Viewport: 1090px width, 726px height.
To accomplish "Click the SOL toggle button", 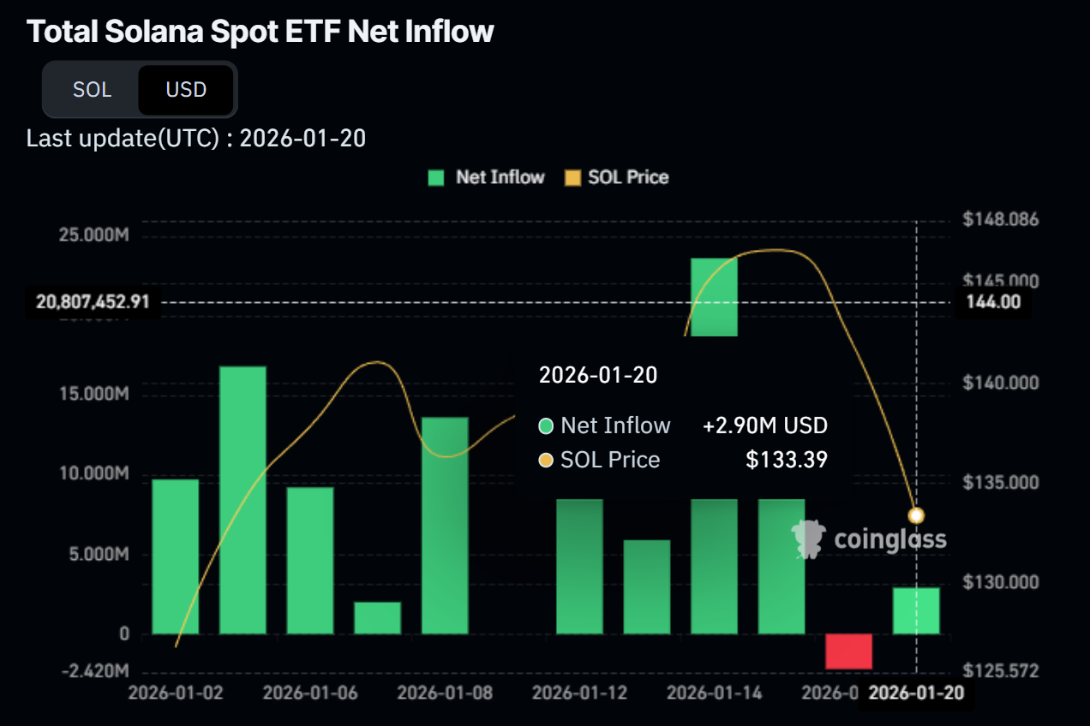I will point(92,89).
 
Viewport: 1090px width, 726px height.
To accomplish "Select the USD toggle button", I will point(186,89).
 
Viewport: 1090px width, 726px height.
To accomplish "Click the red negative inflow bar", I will point(848,652).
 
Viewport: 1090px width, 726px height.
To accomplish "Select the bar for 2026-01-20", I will point(916,610).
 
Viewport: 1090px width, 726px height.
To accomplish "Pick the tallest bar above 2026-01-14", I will point(715,296).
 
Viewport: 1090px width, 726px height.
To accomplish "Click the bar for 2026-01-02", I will point(176,556).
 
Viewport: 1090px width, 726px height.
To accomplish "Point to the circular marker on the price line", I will point(916,515).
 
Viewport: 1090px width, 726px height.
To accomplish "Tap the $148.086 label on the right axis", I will point(1000,219).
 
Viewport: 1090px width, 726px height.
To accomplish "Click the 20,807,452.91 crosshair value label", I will point(93,301).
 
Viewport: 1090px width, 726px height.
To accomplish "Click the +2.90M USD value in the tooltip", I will point(765,425).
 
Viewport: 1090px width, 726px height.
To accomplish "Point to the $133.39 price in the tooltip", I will point(787,460).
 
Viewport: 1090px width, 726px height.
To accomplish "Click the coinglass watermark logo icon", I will point(807,539).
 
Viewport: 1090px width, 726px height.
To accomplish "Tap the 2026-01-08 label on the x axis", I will point(445,692).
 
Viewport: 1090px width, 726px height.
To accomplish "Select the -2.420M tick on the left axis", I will point(94,669).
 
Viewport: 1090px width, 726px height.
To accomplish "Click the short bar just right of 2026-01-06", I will point(378,618).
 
